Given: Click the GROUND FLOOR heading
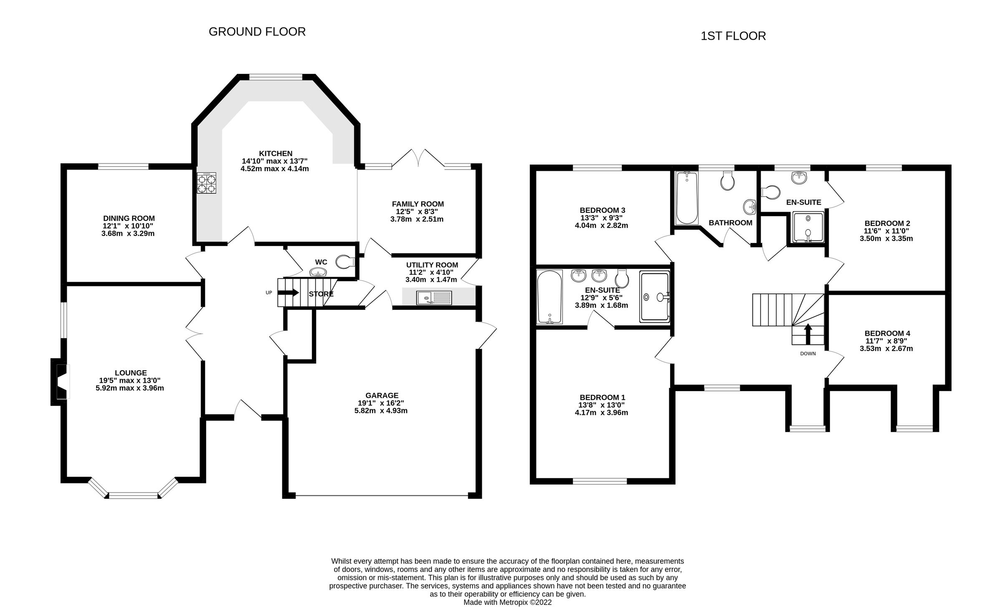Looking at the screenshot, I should [257, 32].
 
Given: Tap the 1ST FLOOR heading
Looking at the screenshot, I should [733, 36].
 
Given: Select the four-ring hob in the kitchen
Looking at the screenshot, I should [207, 183].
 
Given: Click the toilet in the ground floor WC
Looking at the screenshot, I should [345, 262].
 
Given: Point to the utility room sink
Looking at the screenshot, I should [434, 298].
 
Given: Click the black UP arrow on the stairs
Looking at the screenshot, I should [288, 293].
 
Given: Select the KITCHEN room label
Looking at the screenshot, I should [275, 154].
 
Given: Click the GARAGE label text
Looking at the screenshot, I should [382, 395].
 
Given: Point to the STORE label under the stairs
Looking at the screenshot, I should [321, 294].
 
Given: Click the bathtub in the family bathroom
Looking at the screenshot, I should [686, 198].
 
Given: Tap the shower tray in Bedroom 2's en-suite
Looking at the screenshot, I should [808, 227].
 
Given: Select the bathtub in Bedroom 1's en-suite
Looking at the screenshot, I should [549, 297].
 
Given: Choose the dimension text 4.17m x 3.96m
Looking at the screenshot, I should [601, 412].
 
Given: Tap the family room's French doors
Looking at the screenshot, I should [418, 159].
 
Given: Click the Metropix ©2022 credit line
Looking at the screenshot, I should [507, 602].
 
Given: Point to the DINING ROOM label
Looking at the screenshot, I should [129, 218].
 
